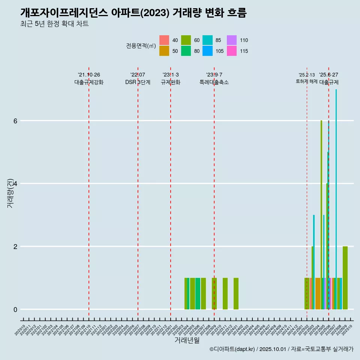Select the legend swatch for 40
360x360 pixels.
coord(164,40)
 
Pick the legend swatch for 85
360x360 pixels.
coord(207,40)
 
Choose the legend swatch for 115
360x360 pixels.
coord(232,51)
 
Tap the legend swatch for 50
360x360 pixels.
coord(164,51)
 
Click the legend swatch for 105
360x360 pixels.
coord(207,51)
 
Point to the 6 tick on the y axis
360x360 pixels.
coord(15,121)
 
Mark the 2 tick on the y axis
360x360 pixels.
coord(15,246)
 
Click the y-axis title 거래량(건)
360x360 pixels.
coord(10,193)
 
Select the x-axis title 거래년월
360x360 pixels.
coord(187,340)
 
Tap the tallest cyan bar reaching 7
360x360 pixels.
coord(336,199)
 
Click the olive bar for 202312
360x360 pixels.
coord(236,294)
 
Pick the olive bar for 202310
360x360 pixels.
coord(225,294)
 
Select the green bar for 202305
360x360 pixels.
coord(198,294)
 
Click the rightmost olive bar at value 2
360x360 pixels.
coord(345,278)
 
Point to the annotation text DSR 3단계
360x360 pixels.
coord(138,82)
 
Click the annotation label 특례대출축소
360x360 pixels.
coord(214,82)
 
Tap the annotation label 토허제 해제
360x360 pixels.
coord(306,81)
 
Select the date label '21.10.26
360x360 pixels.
coord(89,75)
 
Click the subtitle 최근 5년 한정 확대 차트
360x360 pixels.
coord(55,24)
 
